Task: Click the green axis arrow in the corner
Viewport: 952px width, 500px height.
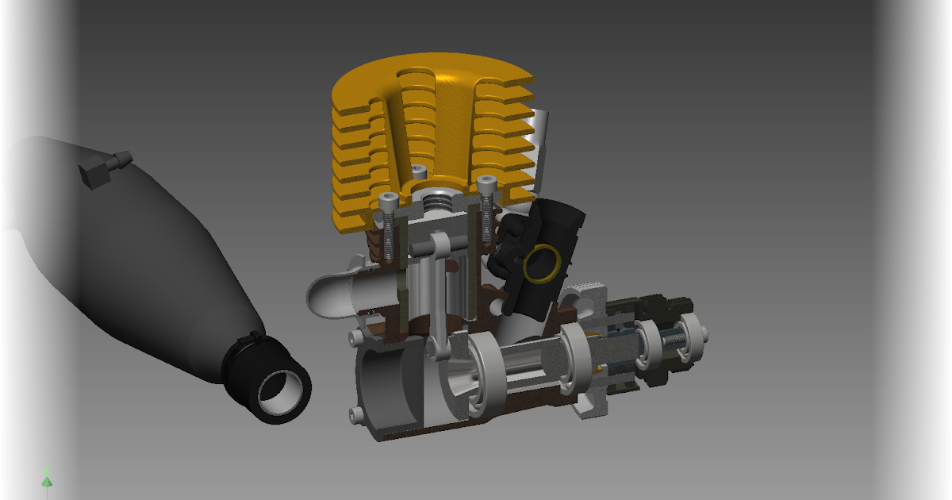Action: (47, 480)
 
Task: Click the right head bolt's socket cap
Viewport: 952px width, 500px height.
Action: (486, 183)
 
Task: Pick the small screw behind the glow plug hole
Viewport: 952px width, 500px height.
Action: (421, 171)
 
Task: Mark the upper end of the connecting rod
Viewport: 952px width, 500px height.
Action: (440, 242)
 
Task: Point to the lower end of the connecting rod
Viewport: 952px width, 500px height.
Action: (439, 347)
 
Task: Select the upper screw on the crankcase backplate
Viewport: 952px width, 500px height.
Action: (354, 339)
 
